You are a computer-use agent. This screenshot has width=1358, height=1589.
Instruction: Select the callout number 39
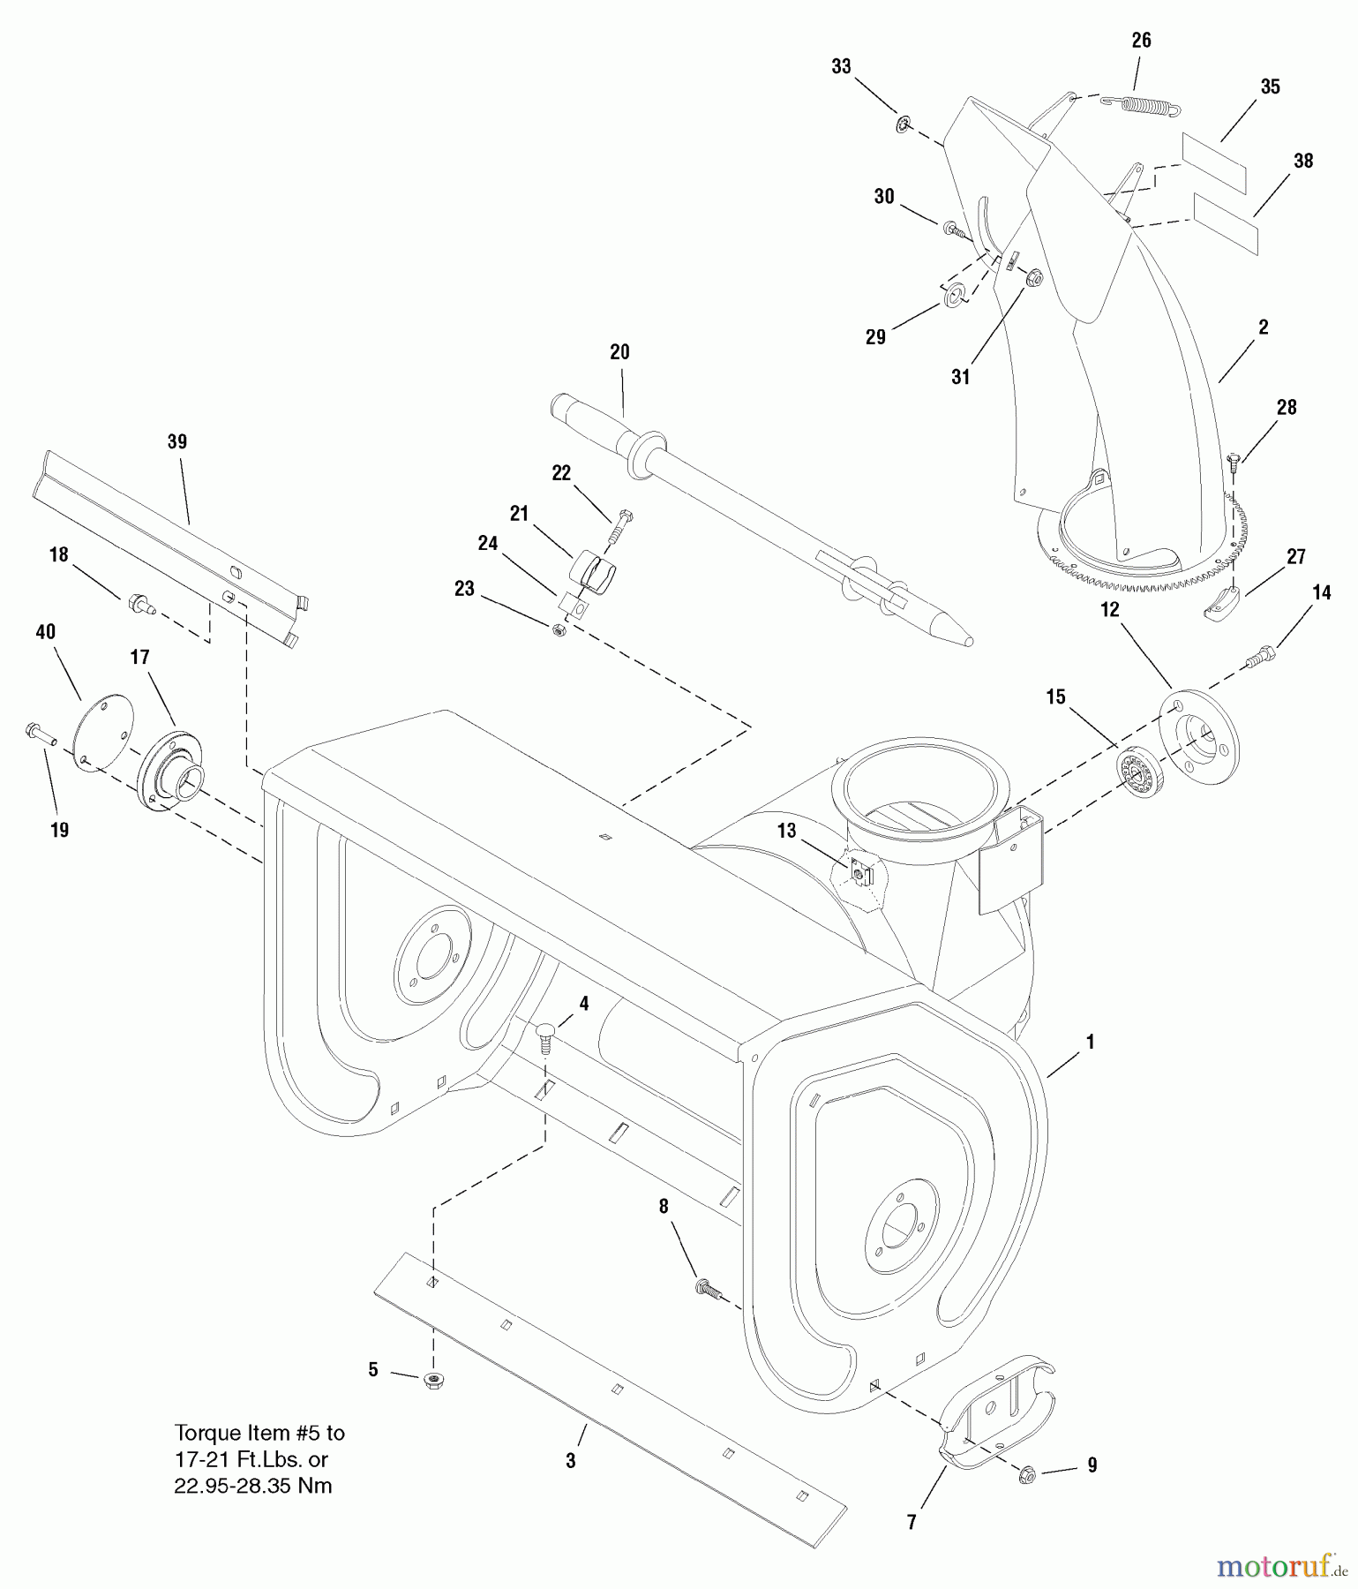177,441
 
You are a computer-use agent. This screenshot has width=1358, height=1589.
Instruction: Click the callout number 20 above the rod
619,352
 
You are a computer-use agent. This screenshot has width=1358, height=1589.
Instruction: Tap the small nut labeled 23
558,629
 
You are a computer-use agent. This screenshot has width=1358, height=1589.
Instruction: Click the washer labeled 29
955,294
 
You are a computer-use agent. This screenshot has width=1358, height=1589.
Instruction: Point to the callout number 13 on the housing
786,830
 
